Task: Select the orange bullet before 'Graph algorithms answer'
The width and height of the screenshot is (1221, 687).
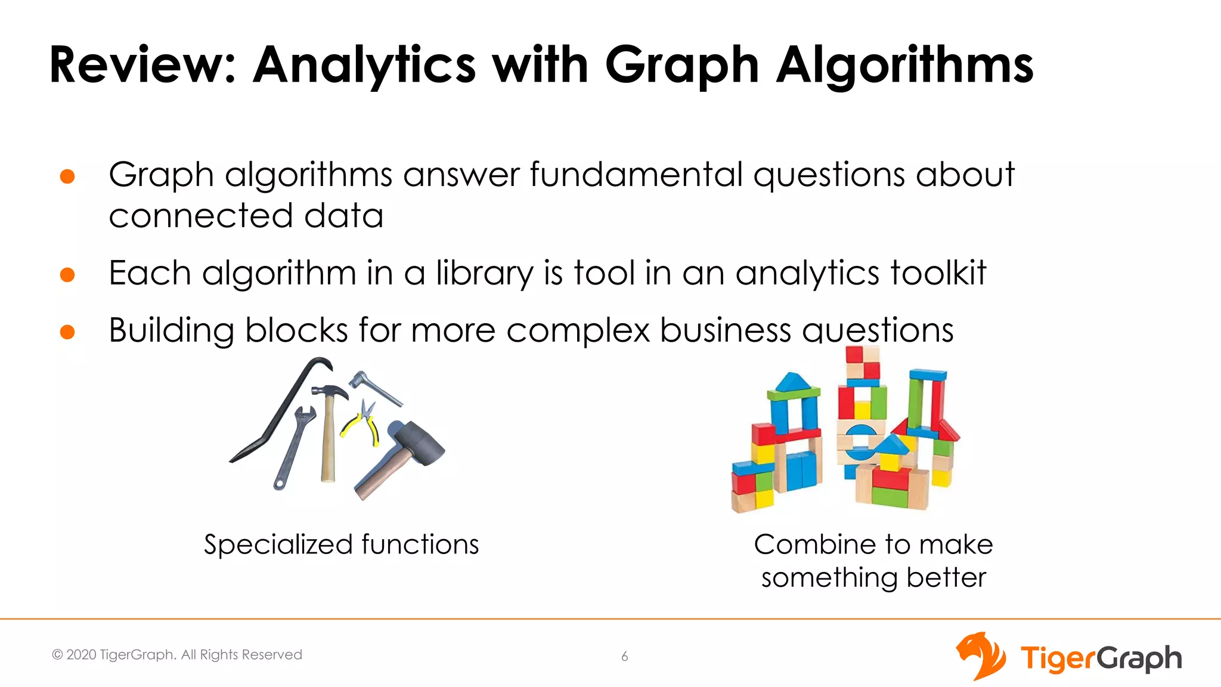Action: coord(67,177)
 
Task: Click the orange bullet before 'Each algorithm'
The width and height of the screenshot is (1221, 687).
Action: coord(67,274)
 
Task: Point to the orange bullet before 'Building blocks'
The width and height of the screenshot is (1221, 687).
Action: coord(67,332)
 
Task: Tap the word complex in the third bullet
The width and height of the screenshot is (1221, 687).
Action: coord(578,330)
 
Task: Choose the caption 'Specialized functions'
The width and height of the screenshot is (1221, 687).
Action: coord(341,544)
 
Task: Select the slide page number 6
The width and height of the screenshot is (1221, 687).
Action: coord(624,657)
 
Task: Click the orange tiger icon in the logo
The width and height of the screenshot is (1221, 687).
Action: coord(980,656)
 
